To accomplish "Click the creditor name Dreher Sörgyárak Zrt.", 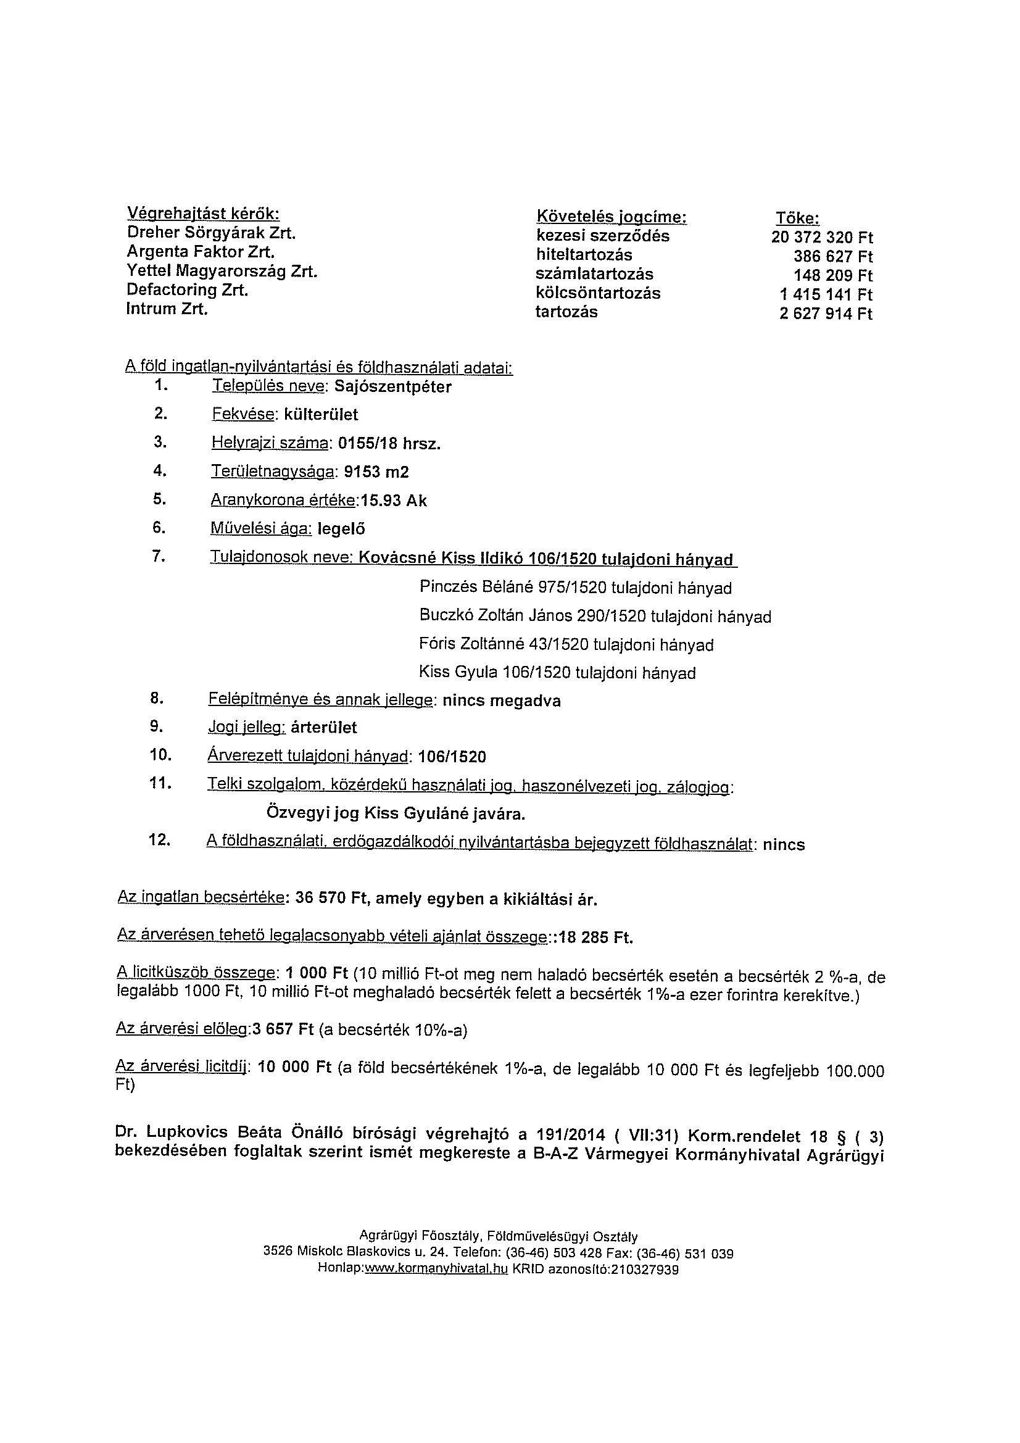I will point(211,233).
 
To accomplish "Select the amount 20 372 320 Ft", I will point(821,238).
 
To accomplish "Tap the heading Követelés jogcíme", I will point(611,217).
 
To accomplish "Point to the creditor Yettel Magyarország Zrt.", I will point(222,272).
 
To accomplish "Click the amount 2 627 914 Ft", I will point(826,314).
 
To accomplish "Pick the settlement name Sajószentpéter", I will point(393,387).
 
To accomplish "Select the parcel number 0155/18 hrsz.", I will point(389,444).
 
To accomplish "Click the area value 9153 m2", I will point(373,472).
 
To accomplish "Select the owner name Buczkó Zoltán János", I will point(495,617).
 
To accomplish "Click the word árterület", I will point(324,728).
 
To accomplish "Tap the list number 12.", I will point(159,840).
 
